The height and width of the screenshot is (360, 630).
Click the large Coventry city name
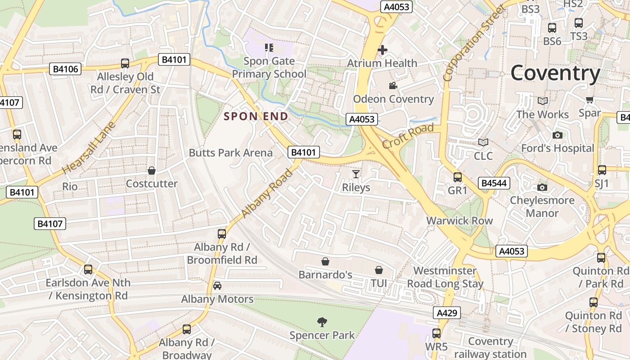click(555, 73)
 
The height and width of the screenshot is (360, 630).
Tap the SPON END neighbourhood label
click(256, 117)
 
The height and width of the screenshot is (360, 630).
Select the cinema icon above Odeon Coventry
click(393, 86)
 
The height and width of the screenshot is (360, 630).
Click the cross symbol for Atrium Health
click(382, 50)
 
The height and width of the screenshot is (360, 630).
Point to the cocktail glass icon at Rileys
click(356, 174)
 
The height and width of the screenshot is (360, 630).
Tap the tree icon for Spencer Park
click(322, 322)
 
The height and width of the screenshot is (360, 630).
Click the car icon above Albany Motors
click(217, 286)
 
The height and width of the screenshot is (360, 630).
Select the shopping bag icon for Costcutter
click(152, 171)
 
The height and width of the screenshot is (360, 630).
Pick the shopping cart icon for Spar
click(589, 99)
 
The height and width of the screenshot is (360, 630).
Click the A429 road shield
click(447, 313)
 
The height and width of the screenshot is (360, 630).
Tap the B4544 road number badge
click(494, 183)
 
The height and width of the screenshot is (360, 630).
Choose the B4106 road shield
click(65, 69)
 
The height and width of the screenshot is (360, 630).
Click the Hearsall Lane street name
click(89, 148)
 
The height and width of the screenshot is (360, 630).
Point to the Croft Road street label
click(408, 136)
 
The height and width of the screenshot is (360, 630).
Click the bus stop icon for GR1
click(458, 177)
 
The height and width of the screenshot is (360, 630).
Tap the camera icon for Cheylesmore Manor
click(542, 187)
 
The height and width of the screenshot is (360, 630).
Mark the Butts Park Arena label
click(230, 153)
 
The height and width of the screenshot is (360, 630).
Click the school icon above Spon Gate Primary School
click(269, 48)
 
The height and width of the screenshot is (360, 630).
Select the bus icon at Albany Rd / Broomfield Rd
click(222, 234)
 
